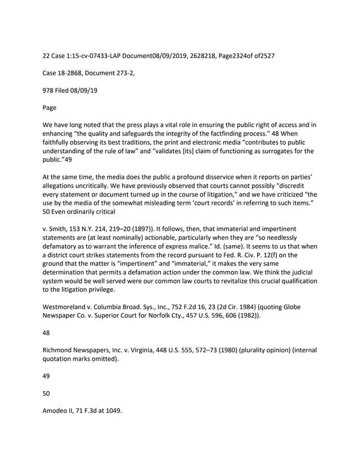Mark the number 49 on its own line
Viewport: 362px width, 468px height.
[x=47, y=375]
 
